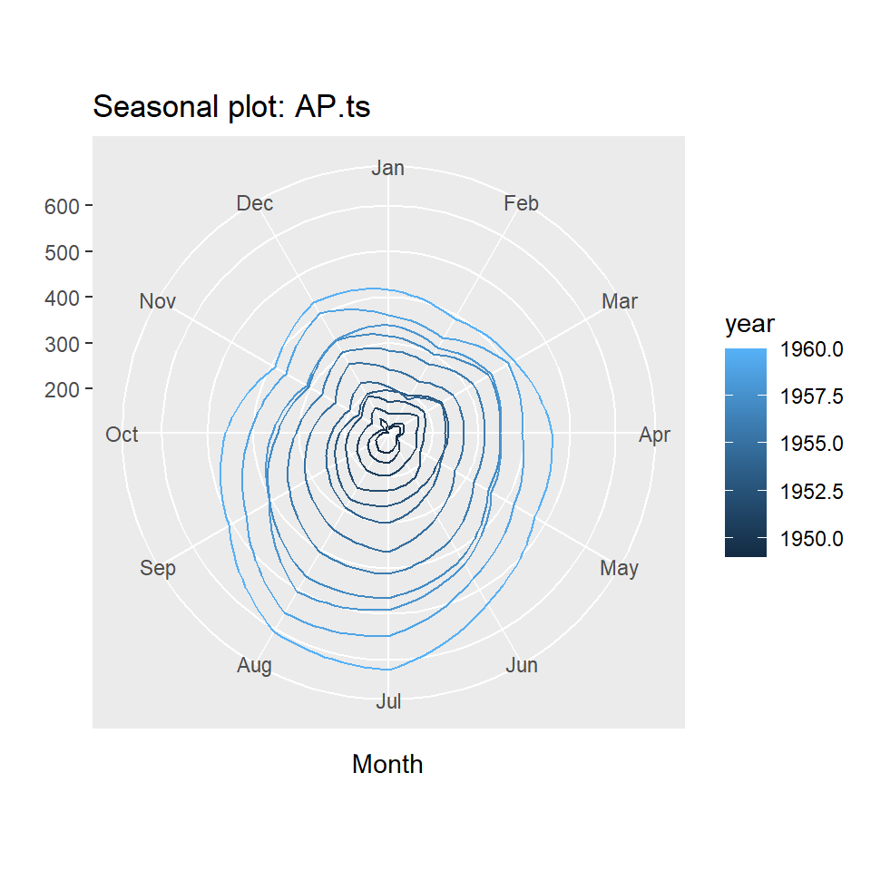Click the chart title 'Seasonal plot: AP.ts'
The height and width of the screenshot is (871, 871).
(x=231, y=107)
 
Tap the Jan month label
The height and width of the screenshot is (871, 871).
(x=388, y=168)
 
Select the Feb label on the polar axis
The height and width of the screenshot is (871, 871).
(x=521, y=203)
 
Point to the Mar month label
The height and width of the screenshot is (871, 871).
(x=620, y=301)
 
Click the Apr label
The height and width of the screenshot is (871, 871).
(x=654, y=435)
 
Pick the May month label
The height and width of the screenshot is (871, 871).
(x=620, y=569)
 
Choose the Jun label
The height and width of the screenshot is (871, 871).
(x=521, y=666)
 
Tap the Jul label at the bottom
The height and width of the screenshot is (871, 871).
(x=388, y=701)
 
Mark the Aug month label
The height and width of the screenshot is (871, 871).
(x=254, y=666)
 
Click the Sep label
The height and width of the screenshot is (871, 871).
(x=158, y=569)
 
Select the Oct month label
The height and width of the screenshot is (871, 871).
(x=122, y=435)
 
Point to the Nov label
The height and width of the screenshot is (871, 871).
(x=158, y=301)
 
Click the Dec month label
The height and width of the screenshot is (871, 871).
(x=254, y=203)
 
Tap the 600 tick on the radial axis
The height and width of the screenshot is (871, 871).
(x=62, y=207)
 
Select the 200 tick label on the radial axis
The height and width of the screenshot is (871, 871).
(x=62, y=389)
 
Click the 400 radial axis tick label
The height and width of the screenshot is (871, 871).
(x=62, y=298)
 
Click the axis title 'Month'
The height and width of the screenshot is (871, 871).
(x=387, y=765)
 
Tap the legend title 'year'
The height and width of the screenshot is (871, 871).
(x=749, y=325)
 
